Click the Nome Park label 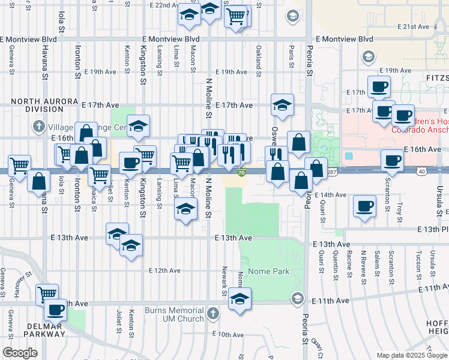[268, 271]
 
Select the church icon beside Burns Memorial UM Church [212, 313]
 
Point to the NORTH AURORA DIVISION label [37, 106]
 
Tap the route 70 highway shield [241, 173]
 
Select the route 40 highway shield [423, 171]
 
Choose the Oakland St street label [259, 58]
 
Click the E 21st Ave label [415, 27]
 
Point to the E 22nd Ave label [156, 5]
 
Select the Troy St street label [399, 211]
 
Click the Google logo [20, 352]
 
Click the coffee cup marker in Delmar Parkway [56, 310]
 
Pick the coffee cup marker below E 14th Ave [364, 206]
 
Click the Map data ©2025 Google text [411, 355]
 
